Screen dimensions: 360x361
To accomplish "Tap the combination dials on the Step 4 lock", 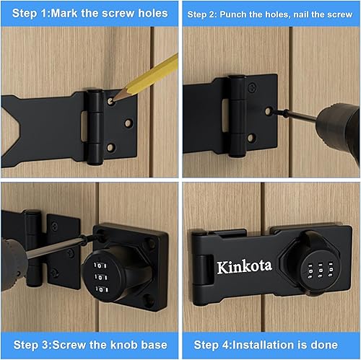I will [310, 271].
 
